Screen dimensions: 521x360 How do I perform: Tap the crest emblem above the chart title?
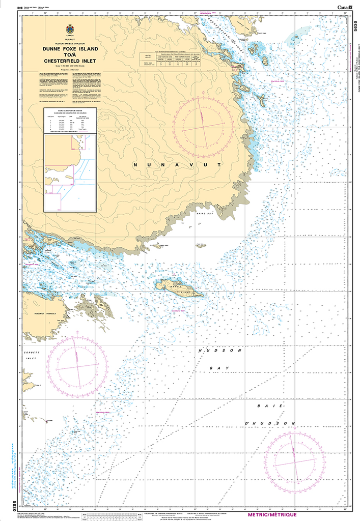(x=69, y=30)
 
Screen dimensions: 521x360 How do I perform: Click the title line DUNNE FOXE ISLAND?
(x=70, y=49)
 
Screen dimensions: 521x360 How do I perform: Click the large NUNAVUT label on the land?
(x=176, y=165)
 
